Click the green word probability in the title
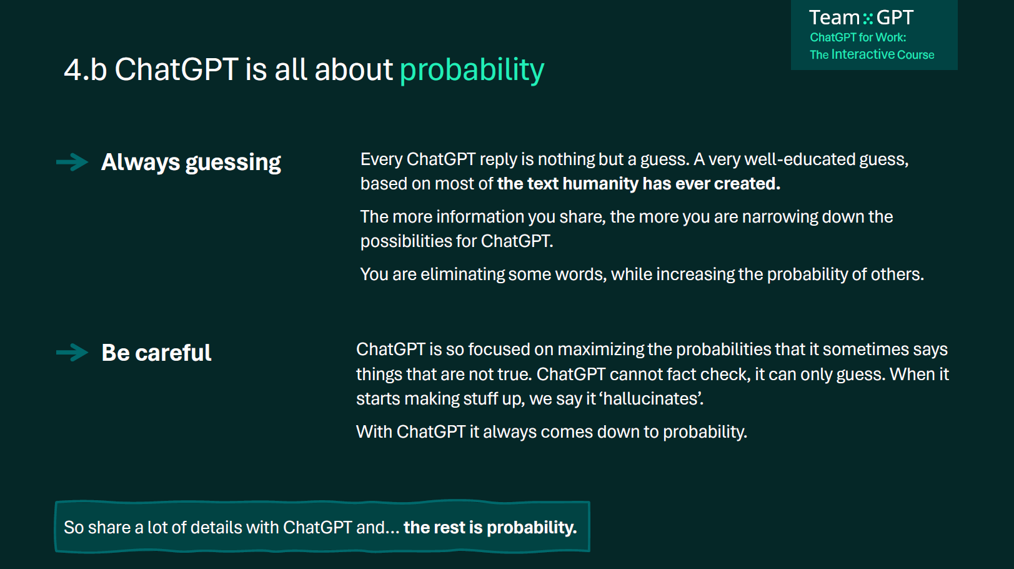click(x=472, y=71)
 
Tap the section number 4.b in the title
click(x=85, y=70)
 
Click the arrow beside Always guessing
click(x=72, y=162)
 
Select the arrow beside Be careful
click(x=72, y=353)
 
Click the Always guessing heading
click(x=191, y=163)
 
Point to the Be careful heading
click(x=156, y=353)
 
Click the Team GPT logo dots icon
click(x=868, y=18)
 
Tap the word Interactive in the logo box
click(x=863, y=54)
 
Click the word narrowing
click(x=780, y=217)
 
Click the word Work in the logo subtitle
click(x=892, y=37)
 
